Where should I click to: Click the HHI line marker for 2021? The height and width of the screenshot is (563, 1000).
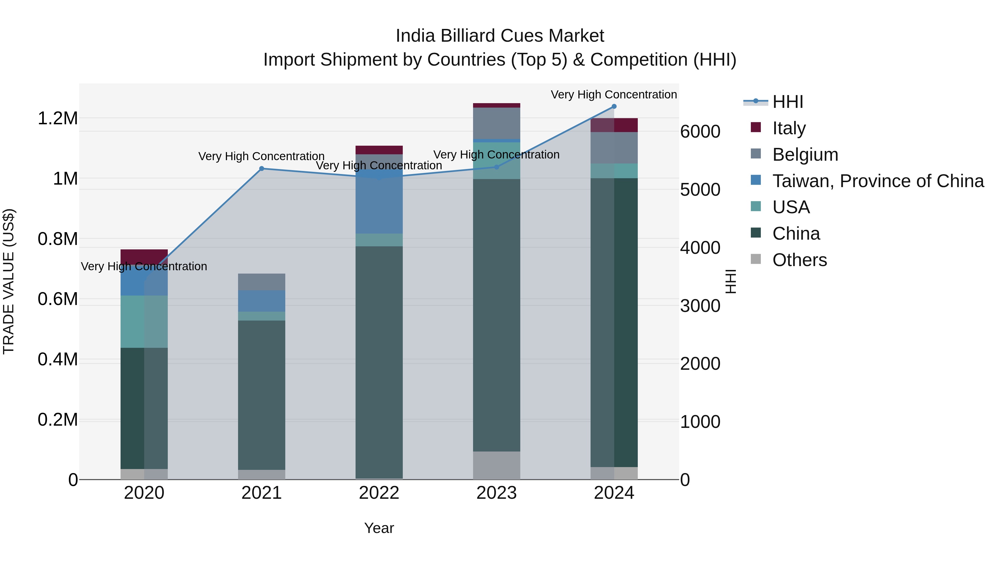261,169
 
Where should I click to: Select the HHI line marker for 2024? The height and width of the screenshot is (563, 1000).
614,106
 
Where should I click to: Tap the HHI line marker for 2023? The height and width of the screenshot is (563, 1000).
496,167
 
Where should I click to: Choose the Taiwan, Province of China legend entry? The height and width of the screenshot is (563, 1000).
877,181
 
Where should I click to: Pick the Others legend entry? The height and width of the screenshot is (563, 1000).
799,260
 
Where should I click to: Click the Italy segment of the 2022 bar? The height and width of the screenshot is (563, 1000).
379,150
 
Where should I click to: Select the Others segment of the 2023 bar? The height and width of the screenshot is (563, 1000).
496,465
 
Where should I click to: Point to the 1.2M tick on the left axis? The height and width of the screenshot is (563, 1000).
58,118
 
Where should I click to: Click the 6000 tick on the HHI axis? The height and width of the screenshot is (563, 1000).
700,132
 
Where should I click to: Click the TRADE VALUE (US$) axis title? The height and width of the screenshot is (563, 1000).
9,281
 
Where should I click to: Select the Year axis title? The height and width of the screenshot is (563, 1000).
379,528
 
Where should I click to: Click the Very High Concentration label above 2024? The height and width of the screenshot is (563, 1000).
613,95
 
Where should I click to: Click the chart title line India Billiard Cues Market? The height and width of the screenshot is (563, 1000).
500,36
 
